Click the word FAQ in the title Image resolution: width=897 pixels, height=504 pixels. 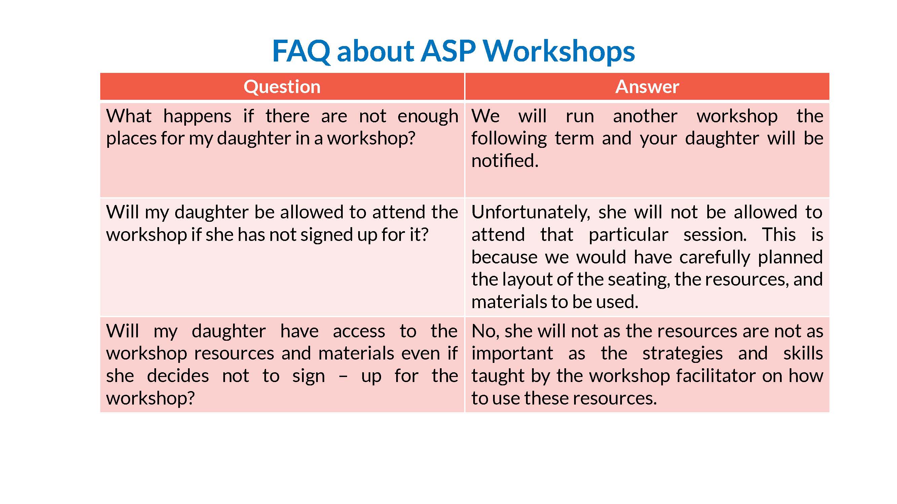pos(301,51)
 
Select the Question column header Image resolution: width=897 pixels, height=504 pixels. pos(282,87)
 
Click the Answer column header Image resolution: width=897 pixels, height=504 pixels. pos(647,87)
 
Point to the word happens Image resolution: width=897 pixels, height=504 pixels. pos(197,117)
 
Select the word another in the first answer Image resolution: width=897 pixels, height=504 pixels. pos(645,116)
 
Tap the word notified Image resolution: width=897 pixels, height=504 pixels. pos(504,161)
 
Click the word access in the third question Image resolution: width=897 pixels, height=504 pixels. pos(359,331)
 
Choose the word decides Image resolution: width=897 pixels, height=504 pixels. pos(178,376)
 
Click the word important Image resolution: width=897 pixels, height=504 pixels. pos(512,354)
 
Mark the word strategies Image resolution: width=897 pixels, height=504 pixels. pos(682,354)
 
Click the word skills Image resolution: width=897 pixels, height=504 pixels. pos(803,353)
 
